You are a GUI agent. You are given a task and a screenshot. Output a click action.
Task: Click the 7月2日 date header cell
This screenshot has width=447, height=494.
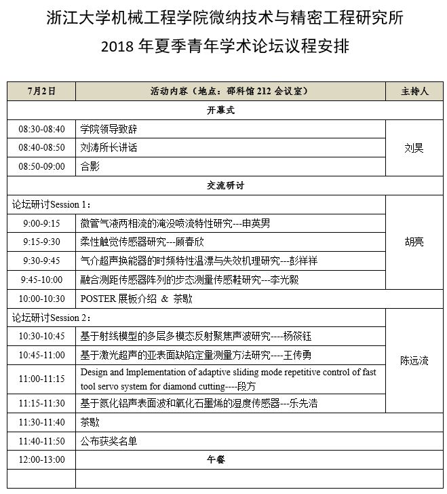click(41, 91)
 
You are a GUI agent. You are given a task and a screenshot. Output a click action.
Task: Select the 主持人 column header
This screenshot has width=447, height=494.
click(414, 91)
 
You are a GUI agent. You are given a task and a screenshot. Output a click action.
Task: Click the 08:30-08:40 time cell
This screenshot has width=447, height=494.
click(41, 129)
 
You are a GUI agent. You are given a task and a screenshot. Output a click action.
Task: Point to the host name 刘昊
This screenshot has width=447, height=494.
click(414, 148)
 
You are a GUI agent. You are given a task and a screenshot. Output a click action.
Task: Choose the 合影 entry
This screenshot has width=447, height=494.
click(90, 166)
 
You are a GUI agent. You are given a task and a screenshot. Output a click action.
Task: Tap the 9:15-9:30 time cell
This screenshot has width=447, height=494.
click(41, 242)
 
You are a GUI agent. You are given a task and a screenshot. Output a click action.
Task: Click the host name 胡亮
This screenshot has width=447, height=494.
click(414, 242)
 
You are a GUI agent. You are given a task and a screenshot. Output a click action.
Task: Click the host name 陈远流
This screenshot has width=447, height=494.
click(414, 360)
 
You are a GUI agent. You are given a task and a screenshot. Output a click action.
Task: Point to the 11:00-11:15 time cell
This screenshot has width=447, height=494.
click(41, 379)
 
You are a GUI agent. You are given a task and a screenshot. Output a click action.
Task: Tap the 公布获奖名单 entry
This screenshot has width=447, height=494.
click(109, 441)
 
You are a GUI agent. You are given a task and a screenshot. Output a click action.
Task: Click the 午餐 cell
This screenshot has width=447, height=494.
click(216, 459)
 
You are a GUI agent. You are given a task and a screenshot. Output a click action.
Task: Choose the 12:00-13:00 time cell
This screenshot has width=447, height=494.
click(41, 459)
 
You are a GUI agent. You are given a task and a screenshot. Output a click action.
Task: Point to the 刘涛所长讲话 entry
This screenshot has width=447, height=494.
click(109, 147)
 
